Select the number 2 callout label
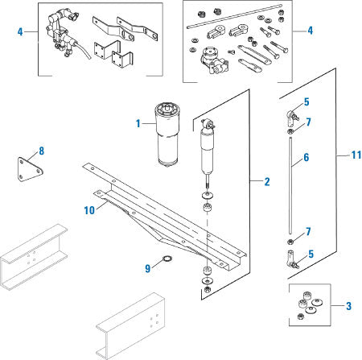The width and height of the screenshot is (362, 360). point(267,182)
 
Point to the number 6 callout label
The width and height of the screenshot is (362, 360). point(306,159)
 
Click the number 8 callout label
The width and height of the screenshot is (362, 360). point(42,150)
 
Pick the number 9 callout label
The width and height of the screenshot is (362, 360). point(147,268)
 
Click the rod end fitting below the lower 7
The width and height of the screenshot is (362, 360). point(290,259)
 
